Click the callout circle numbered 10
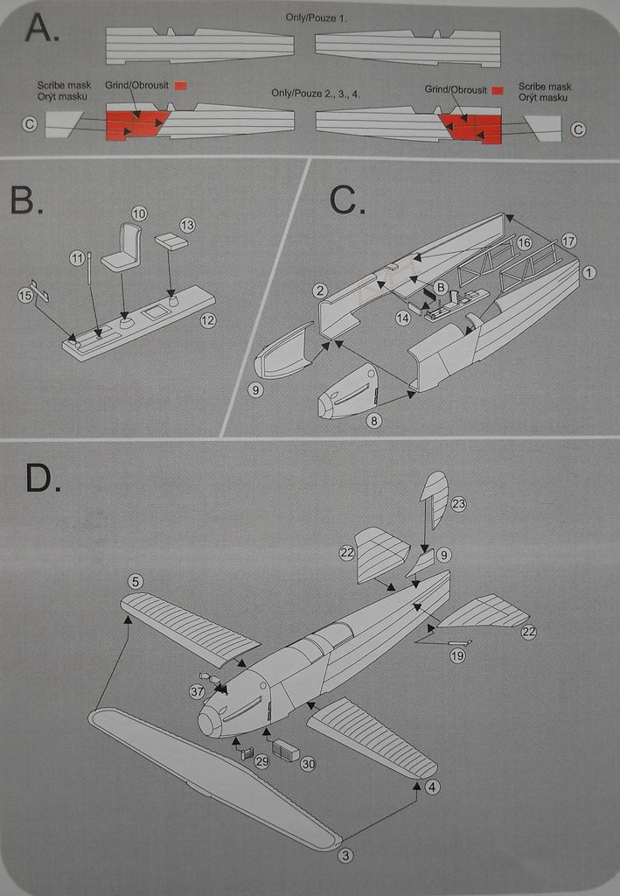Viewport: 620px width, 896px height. (140, 213)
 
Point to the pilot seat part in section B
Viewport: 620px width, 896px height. (123, 248)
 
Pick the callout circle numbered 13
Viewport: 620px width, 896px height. (187, 225)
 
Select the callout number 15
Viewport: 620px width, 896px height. (25, 296)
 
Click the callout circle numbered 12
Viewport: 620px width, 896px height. (207, 320)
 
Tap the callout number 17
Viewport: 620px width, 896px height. (569, 241)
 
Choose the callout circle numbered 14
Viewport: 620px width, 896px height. (402, 318)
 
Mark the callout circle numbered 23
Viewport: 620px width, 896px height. (458, 503)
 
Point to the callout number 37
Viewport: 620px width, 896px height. (197, 691)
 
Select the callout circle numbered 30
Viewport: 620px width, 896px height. (308, 764)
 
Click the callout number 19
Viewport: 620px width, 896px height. (457, 654)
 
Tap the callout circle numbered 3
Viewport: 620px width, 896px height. (346, 855)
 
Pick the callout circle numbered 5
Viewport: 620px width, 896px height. (135, 581)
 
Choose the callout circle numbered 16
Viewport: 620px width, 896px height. (524, 242)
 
